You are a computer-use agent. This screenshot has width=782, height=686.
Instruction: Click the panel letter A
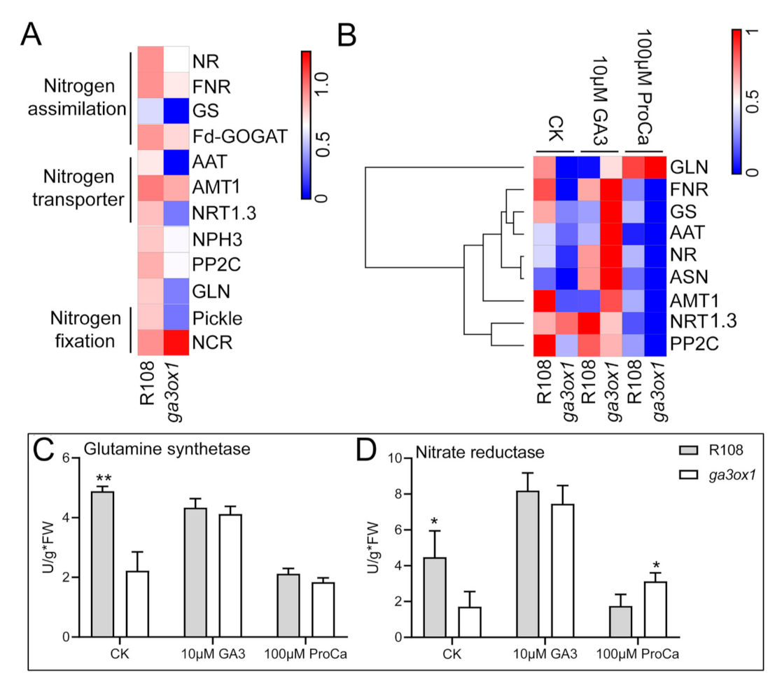(36, 32)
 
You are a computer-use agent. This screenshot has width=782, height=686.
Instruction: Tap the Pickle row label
(216, 318)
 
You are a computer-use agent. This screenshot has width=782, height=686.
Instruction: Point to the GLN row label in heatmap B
(690, 168)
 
